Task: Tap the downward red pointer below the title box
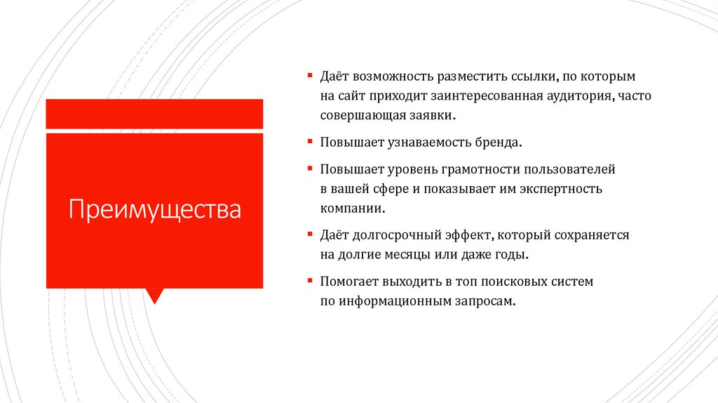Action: pos(155,295)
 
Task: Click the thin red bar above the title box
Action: pos(154,114)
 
